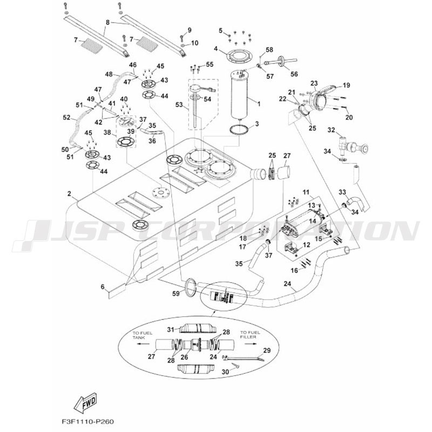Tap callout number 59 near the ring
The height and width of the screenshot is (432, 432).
tap(175, 294)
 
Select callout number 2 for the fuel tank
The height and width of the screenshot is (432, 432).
tap(70, 193)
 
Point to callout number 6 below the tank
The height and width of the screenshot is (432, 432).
tap(102, 288)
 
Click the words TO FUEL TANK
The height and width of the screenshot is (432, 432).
tap(140, 336)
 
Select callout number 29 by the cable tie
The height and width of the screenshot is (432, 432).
tap(266, 350)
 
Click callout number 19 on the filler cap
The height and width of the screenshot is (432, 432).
tap(346, 85)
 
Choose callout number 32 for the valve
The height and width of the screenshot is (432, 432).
tap(332, 130)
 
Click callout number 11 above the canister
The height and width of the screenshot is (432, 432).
tap(305, 192)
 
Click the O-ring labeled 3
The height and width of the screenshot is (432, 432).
tap(240, 130)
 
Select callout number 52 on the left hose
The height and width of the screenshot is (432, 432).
tap(66, 117)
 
